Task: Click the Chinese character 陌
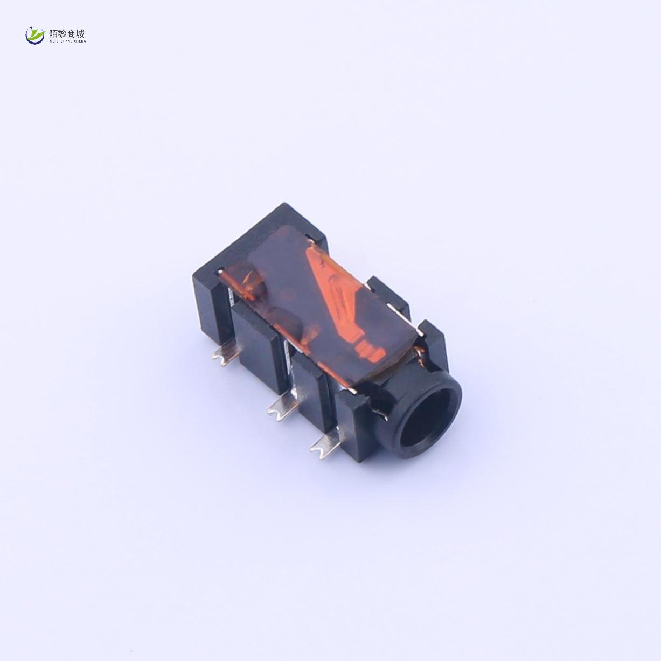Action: [x=54, y=33]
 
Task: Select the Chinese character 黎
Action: [x=63, y=33]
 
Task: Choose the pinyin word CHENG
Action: [x=80, y=40]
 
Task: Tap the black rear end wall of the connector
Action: [x=207, y=302]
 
